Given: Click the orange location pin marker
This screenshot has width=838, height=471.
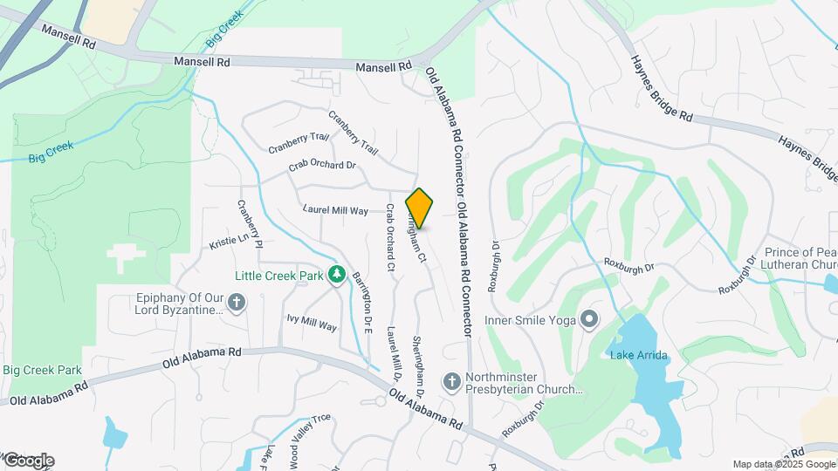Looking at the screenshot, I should coord(420,208).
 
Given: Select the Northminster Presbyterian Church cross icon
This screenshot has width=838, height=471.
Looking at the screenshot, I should coord(452,381).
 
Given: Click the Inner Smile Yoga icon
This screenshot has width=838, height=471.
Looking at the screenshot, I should coord(589,320).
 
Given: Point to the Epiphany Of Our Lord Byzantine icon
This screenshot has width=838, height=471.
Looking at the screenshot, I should coord(236,303).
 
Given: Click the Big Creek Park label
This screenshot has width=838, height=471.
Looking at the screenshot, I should coord(42,370).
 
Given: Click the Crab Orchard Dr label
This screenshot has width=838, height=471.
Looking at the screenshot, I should coord(323,165).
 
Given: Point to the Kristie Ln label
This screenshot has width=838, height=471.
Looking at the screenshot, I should coord(230,241).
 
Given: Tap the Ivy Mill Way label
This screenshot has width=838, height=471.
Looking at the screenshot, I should coord(312,321).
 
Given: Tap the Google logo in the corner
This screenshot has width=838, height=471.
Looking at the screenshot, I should coord(29,461).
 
